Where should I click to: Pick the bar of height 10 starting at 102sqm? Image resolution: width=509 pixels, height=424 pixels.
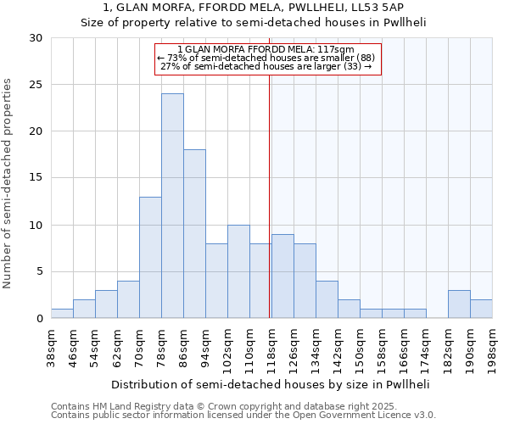click(238, 271)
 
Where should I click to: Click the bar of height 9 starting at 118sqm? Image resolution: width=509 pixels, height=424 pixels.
click(282, 276)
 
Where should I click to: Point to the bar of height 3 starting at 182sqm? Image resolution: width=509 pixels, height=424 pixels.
click(459, 304)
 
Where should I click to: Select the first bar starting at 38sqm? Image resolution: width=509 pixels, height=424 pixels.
click(62, 314)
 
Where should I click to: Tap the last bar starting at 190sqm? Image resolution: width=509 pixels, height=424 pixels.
click(481, 309)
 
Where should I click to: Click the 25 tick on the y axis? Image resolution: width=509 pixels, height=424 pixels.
click(36, 85)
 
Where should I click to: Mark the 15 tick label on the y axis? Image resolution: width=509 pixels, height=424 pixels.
click(36, 178)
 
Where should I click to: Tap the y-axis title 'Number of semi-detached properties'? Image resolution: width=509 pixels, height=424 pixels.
click(8, 182)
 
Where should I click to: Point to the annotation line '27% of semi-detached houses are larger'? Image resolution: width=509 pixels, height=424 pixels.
click(266, 66)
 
